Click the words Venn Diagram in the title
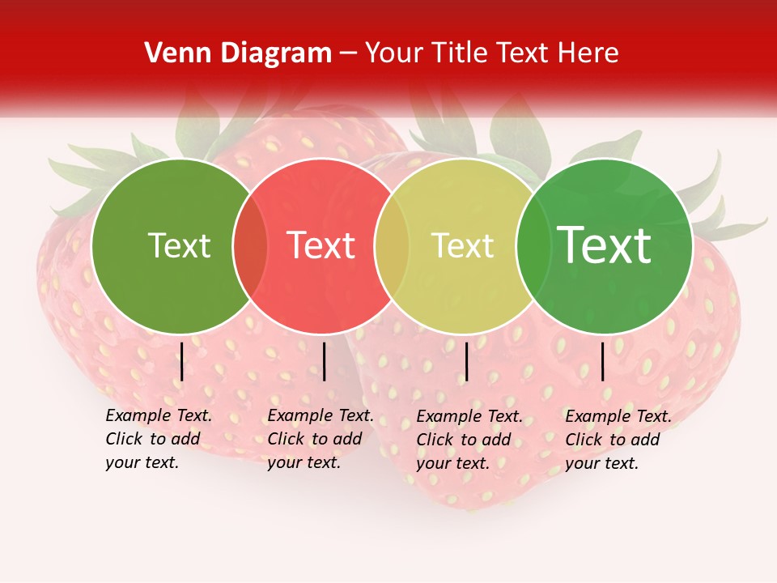238,53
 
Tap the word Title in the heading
456,53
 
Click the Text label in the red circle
321,245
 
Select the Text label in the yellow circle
462,245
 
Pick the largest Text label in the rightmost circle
605,245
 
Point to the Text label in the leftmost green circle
179,245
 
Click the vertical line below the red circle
324,361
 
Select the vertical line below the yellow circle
466,361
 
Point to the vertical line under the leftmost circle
182,361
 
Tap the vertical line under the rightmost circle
602,361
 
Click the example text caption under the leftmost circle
159,439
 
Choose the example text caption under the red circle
321,439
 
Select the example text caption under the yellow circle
469,439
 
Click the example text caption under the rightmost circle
618,439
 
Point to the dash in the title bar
348,54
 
